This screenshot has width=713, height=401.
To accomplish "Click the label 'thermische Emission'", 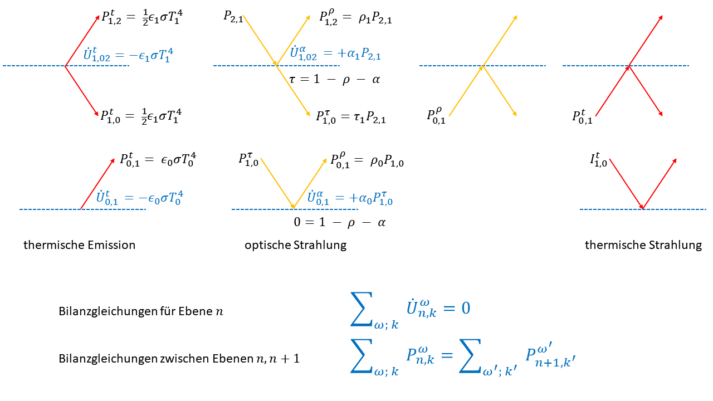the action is [x=79, y=245].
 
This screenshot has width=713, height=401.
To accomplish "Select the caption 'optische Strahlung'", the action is [x=295, y=246].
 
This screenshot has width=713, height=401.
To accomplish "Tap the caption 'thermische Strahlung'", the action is [x=643, y=246].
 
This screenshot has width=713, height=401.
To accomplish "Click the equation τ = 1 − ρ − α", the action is [x=335, y=79].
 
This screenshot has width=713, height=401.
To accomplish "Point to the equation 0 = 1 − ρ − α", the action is [x=340, y=222].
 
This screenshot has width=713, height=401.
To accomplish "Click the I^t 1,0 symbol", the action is [x=598, y=160].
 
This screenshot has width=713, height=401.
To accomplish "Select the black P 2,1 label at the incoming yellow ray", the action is [x=233, y=17].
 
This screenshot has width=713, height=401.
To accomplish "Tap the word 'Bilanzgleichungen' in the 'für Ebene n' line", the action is [x=108, y=311].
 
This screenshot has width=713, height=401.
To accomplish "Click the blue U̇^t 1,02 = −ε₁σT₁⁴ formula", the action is [x=128, y=55].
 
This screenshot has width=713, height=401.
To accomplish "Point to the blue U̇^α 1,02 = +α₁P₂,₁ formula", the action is [x=335, y=53].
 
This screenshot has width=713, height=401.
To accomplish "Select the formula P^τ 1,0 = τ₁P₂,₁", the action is [x=351, y=117].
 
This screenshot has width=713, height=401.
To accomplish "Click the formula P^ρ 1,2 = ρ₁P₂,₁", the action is [x=355, y=17].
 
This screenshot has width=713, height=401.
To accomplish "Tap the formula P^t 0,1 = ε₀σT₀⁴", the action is [x=158, y=160].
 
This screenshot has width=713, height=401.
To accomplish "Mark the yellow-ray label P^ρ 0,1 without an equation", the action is [x=436, y=116].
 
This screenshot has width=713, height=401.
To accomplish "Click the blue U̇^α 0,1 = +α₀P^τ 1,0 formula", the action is [x=350, y=198].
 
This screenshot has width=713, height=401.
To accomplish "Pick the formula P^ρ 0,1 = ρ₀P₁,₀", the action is [x=367, y=160].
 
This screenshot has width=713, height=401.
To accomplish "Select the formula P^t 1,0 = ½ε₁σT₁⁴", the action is [x=141, y=116].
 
